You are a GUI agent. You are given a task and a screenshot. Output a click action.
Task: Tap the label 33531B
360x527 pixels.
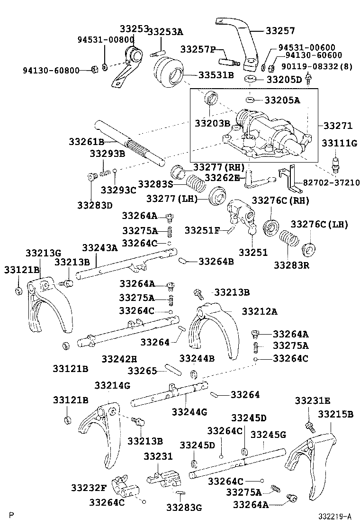pyautogui.click(x=216, y=75)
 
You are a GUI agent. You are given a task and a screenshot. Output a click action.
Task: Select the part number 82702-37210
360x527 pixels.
pyautogui.click(x=328, y=183)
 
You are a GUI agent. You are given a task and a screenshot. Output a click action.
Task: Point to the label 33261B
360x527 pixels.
pyautogui.click(x=86, y=142)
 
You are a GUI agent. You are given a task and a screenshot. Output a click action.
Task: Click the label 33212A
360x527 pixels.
pyautogui.click(x=259, y=311)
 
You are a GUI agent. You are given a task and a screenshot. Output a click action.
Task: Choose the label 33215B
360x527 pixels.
pyautogui.click(x=335, y=414)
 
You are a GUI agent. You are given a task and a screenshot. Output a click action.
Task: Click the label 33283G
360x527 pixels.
pyautogui.click(x=184, y=507)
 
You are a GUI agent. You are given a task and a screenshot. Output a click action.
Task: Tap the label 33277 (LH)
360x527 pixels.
pyautogui.click(x=171, y=198)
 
